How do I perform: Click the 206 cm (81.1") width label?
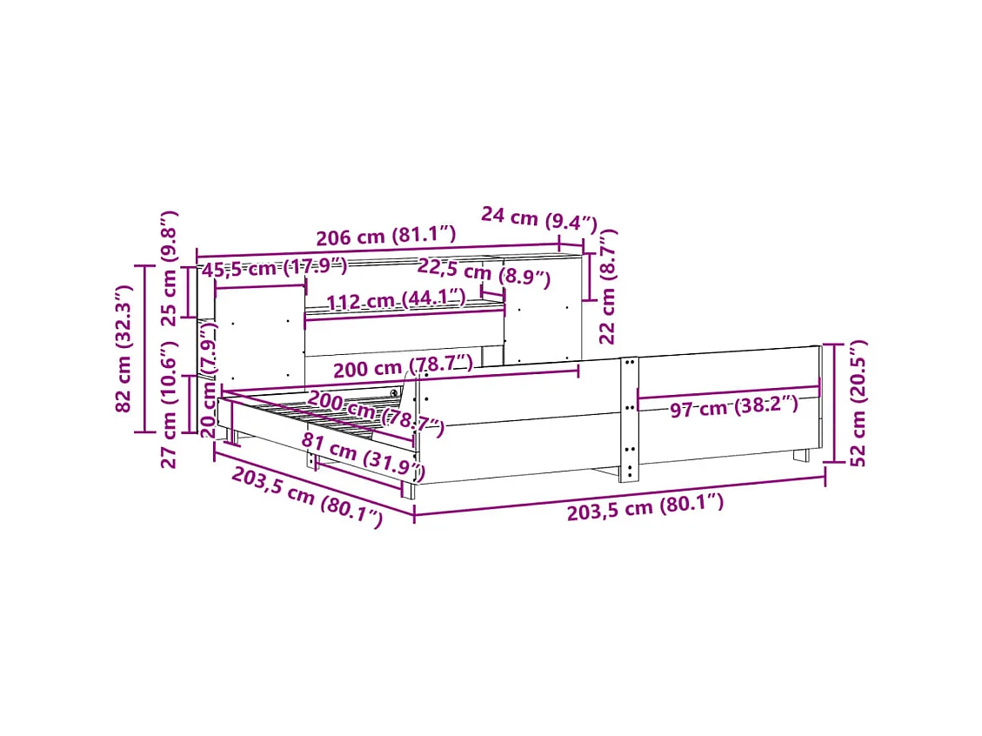[386, 236]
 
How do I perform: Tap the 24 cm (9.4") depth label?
[539, 218]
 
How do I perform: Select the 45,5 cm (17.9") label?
[274, 267]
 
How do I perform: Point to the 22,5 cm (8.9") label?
[484, 272]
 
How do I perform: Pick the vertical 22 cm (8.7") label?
[607, 287]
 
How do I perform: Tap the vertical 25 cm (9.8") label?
[170, 268]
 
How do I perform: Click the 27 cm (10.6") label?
[170, 405]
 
